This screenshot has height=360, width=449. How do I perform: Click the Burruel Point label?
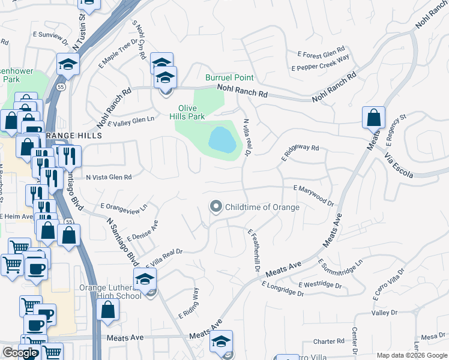pyautogui.click(x=229, y=78)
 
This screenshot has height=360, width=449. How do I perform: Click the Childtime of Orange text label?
pyautogui.click(x=262, y=207)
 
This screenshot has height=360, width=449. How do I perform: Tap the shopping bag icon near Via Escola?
pyautogui.click(x=373, y=118)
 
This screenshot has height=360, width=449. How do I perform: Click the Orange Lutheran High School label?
pyautogui.click(x=110, y=292)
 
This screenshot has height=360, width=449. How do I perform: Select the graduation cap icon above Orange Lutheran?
pyautogui.click(x=145, y=280)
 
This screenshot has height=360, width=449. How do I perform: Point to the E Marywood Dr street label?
pyautogui.click(x=313, y=196)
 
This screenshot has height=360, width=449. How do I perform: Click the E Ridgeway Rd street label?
pyautogui.click(x=300, y=152)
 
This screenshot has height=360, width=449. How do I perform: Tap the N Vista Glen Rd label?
pyautogui.click(x=109, y=177)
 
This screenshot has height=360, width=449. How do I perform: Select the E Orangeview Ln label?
pyautogui.click(x=124, y=208)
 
